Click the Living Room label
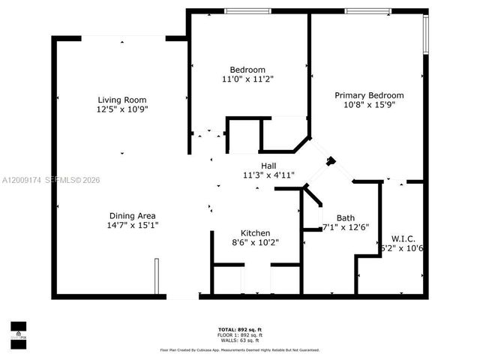tap(121, 100)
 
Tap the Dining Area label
tap(133, 214)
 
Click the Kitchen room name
tap(255, 233)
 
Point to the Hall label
tap(268, 166)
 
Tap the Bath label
tap(346, 218)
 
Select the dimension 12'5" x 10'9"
tap(121, 109)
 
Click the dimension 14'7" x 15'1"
tap(133, 224)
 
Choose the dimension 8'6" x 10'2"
tap(255, 243)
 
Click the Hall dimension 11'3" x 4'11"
tap(268, 175)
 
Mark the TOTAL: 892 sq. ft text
tap(239, 330)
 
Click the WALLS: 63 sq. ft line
tap(239, 340)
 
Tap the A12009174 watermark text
tap(22, 181)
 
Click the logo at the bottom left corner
tap(18, 331)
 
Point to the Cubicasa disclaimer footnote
tap(239, 349)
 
